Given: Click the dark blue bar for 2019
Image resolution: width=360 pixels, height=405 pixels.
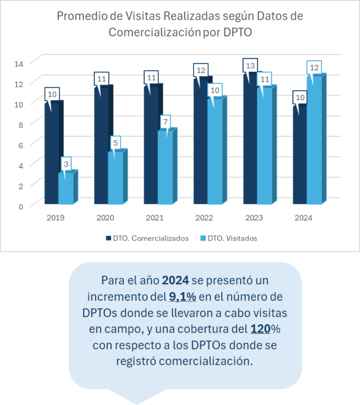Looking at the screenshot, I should [x=52, y=156].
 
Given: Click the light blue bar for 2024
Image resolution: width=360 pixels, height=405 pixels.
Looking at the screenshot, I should [x=314, y=142].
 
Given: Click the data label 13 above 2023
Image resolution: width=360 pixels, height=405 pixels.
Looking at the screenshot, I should [x=250, y=66].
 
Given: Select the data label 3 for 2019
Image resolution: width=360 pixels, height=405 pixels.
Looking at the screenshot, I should [x=66, y=164].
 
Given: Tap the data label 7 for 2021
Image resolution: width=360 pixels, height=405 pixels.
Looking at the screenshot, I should [x=166, y=123].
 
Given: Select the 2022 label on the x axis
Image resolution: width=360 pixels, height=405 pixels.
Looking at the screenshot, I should [x=204, y=218].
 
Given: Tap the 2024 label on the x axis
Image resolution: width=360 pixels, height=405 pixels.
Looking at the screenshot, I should [x=303, y=218].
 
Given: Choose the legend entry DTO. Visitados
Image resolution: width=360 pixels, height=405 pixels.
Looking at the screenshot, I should [x=229, y=238].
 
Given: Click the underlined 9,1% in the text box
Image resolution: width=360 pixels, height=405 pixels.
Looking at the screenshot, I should [x=182, y=297].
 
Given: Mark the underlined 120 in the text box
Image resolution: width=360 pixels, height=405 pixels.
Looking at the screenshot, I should [x=259, y=330].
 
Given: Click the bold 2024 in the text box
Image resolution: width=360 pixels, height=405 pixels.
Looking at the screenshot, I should [x=175, y=281].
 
